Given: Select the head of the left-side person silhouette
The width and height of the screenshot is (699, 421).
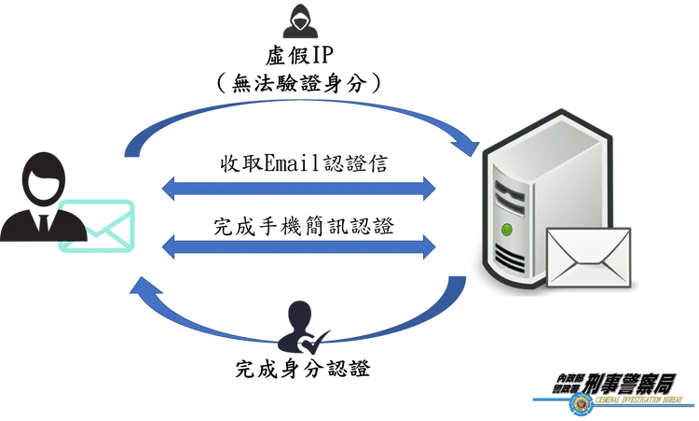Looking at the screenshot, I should [42, 174].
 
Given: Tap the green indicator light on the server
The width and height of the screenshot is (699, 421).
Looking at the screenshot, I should [507, 229].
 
